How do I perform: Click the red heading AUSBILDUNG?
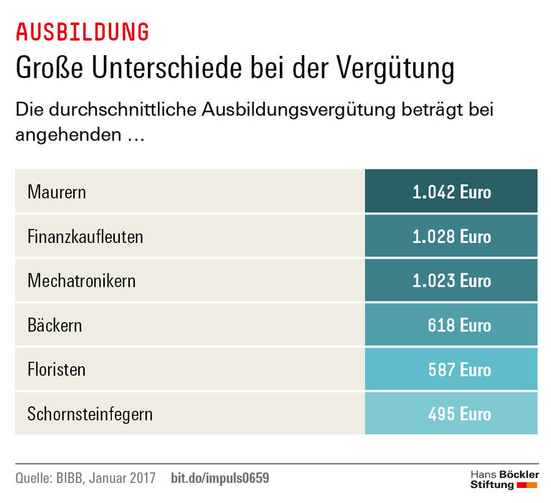tap(83, 32)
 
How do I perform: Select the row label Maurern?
tap(57, 192)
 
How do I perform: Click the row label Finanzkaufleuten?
tap(85, 236)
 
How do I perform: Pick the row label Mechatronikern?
tap(81, 281)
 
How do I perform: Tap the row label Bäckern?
tap(55, 325)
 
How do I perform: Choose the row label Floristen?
tap(57, 370)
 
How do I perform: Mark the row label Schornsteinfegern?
tap(90, 414)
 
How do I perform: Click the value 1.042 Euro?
tap(451, 192)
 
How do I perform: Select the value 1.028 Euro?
tap(451, 236)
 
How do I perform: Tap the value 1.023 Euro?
tap(451, 281)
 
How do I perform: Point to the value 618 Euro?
tap(459, 325)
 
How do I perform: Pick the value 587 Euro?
tap(459, 370)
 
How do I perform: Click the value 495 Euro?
tap(459, 414)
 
